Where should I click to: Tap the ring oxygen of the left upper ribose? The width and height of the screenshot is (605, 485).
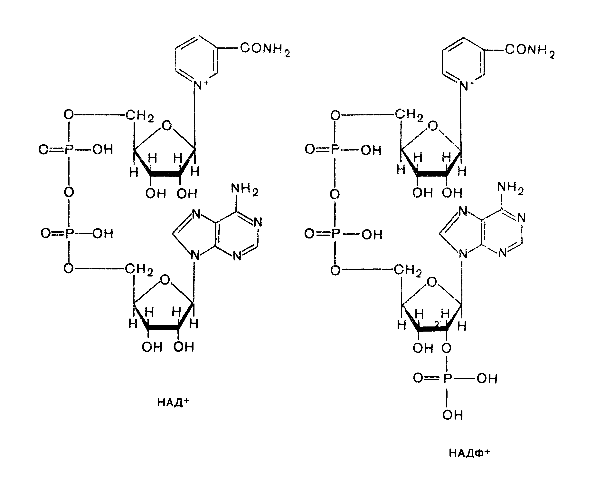coord(167,126)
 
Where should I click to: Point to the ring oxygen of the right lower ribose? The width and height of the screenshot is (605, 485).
coord(432,282)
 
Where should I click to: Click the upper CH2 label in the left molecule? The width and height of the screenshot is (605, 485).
coord(139,115)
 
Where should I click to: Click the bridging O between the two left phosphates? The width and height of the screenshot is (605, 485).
coord(69,192)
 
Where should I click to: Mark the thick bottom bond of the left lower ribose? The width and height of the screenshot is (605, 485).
coord(163,328)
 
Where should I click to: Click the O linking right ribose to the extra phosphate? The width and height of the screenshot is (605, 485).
coord(446,348)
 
